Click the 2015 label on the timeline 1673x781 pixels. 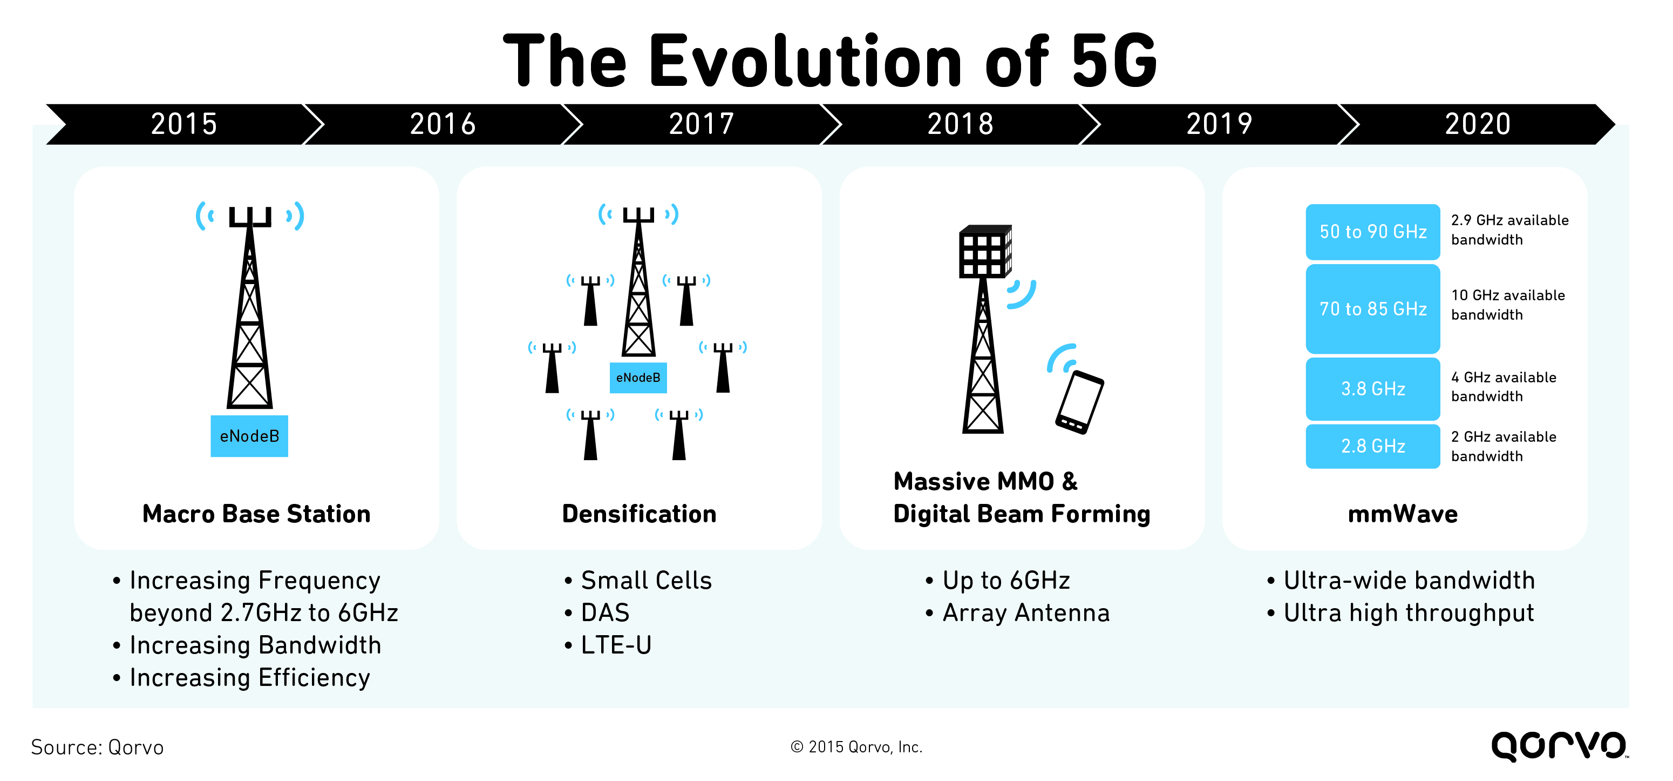coord(184,124)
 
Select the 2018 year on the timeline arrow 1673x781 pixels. coord(960,124)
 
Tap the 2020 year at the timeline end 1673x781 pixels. coord(1478,124)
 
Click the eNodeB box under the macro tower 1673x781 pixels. coord(249,436)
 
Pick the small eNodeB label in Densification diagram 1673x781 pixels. coord(638,378)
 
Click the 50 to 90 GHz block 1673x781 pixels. coord(1372,231)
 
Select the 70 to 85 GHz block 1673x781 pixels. coord(1372,308)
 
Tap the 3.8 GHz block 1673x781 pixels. coord(1372,388)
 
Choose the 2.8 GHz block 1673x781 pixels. coord(1372,446)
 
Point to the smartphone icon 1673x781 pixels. coord(1079,401)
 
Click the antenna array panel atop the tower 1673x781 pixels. coord(984,252)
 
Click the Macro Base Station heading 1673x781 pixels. coord(256,514)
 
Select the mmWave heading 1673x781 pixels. coord(1403,514)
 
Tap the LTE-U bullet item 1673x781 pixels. coord(616,645)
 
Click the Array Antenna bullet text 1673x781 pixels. coord(1025,612)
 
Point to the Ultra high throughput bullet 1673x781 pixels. coord(1408,612)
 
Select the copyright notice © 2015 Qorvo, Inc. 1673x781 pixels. coord(856,747)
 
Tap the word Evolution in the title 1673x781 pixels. coord(805,62)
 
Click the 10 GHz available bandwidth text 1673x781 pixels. coord(1507,305)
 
